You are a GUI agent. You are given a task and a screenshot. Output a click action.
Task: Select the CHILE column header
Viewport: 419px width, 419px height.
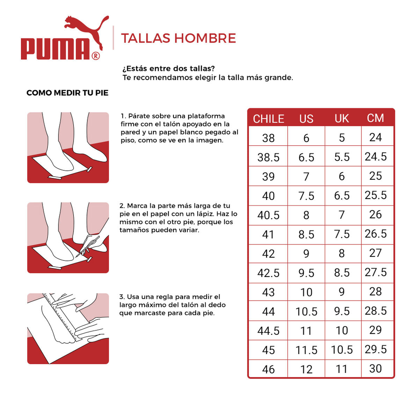coord(268,119)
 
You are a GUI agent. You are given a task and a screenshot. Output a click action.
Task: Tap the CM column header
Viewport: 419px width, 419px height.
coord(375,118)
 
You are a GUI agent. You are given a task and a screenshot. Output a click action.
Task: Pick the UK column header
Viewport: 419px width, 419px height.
coord(341,119)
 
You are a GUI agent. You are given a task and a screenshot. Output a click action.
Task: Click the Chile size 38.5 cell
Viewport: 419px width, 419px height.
coord(268,157)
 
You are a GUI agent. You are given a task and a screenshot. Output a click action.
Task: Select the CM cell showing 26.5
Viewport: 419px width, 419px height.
coord(375,234)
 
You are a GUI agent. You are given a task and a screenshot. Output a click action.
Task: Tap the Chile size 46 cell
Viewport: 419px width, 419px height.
coord(268,369)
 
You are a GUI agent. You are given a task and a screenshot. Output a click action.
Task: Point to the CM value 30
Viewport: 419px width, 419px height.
coord(375,368)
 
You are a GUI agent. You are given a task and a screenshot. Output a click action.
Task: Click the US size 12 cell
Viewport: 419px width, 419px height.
coord(306,369)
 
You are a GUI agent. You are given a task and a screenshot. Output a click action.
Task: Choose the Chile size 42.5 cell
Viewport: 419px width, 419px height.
coord(268,273)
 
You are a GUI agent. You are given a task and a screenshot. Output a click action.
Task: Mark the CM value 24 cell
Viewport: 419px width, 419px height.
coord(375,137)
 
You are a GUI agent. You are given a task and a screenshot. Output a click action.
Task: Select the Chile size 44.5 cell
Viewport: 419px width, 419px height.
coord(268,331)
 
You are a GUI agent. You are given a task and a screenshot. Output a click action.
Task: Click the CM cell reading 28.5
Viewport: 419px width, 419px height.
coord(375,311)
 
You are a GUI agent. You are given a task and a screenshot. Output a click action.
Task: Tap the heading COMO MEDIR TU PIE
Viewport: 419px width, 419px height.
coord(67,93)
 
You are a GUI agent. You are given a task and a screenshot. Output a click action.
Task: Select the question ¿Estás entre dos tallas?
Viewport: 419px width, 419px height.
coord(169,68)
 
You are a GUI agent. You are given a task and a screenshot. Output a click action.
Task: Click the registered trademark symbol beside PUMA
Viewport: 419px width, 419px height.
coord(95,56)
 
